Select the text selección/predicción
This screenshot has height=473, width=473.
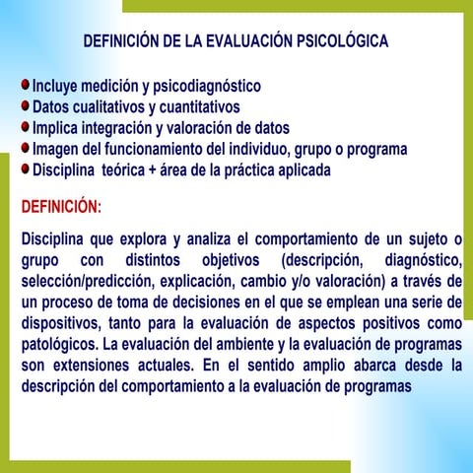pos(84,281)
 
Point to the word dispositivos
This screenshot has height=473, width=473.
pos(60,322)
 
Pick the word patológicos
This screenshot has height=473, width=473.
pos(60,344)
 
